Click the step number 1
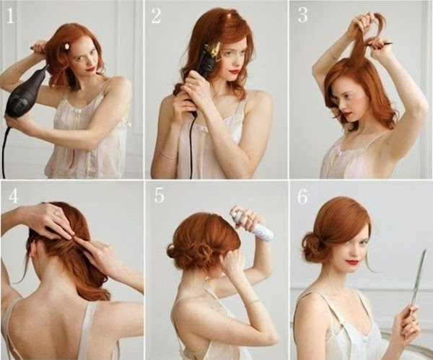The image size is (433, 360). (x=11, y=16)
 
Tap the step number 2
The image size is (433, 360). (x=156, y=16)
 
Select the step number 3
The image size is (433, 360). (x=302, y=15)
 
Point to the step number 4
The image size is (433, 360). (x=14, y=196)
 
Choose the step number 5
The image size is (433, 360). (x=159, y=196)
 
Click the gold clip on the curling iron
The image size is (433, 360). (x=215, y=50)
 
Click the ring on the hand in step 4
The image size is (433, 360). (x=56, y=213)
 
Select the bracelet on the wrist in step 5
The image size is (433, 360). (x=253, y=302)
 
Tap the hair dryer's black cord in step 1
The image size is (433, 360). (x=5, y=149)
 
